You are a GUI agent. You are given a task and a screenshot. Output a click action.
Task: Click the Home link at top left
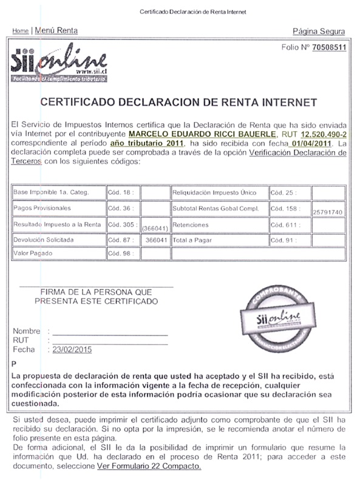[20, 30]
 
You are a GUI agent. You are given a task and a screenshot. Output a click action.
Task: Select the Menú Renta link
[56, 30]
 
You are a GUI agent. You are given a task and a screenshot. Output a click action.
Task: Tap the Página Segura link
[318, 32]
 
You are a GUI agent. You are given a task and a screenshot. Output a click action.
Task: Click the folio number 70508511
[329, 47]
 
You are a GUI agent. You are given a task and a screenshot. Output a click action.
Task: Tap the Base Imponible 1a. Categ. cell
[51, 192]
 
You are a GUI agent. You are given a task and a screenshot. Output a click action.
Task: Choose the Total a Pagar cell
[191, 240]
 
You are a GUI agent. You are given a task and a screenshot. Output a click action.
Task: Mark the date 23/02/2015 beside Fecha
[72, 350]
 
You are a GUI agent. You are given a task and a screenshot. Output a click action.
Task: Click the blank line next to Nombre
[109, 334]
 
